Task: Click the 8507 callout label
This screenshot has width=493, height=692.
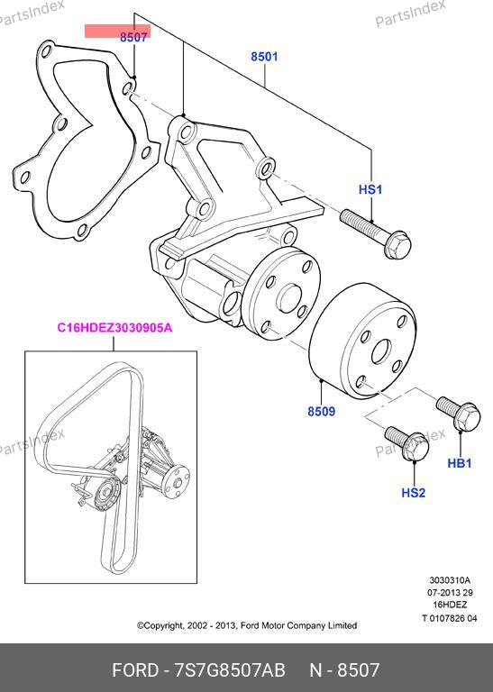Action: point(133,38)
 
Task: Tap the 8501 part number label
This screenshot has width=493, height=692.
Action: point(264,57)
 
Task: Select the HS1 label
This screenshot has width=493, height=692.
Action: point(370,189)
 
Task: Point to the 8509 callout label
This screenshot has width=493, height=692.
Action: point(322,411)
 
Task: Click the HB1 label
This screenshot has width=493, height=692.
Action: point(460,463)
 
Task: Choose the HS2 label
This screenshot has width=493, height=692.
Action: point(414,492)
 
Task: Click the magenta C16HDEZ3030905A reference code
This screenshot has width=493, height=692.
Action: point(114,328)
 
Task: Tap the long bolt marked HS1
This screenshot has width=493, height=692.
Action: point(376,233)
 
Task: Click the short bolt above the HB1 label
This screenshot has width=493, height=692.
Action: point(459,413)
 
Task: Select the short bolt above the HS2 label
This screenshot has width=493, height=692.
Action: point(407,443)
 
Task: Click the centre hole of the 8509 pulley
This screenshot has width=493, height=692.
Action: point(381,352)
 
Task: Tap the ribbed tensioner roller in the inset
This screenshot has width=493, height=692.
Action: point(105,495)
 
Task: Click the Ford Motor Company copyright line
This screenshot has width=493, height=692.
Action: point(247,625)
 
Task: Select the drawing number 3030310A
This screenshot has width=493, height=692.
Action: point(450,580)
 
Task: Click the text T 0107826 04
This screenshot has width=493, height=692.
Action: point(450,618)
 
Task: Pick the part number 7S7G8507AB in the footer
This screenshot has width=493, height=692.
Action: point(230,670)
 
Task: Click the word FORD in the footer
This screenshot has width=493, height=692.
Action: point(135,670)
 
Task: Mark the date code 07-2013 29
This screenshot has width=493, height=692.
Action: point(450,593)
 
